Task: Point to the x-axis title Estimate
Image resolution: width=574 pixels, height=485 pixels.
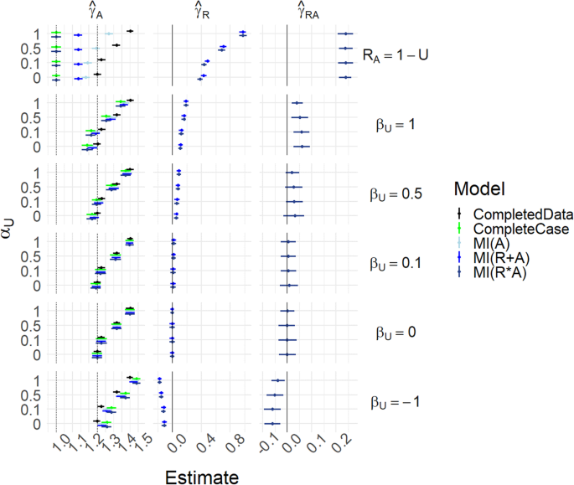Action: point(201,477)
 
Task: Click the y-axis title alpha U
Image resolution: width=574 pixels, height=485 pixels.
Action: point(28,227)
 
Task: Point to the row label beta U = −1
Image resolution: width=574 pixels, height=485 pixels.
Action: point(397,401)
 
